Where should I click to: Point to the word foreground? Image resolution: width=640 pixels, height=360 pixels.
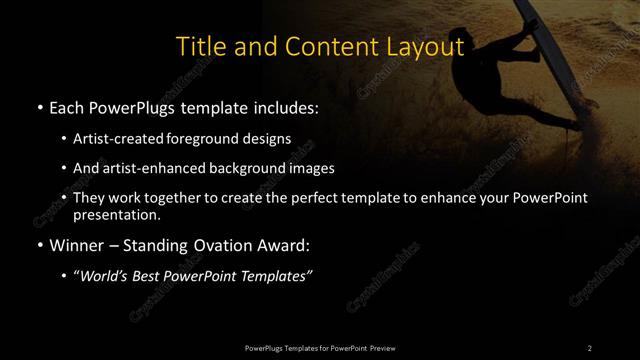(x=219, y=138)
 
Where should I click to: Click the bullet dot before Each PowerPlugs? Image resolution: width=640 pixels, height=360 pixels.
(x=38, y=107)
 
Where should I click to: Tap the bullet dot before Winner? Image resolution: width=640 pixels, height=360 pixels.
(x=38, y=245)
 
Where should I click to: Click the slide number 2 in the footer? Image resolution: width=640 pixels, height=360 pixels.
(x=589, y=347)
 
